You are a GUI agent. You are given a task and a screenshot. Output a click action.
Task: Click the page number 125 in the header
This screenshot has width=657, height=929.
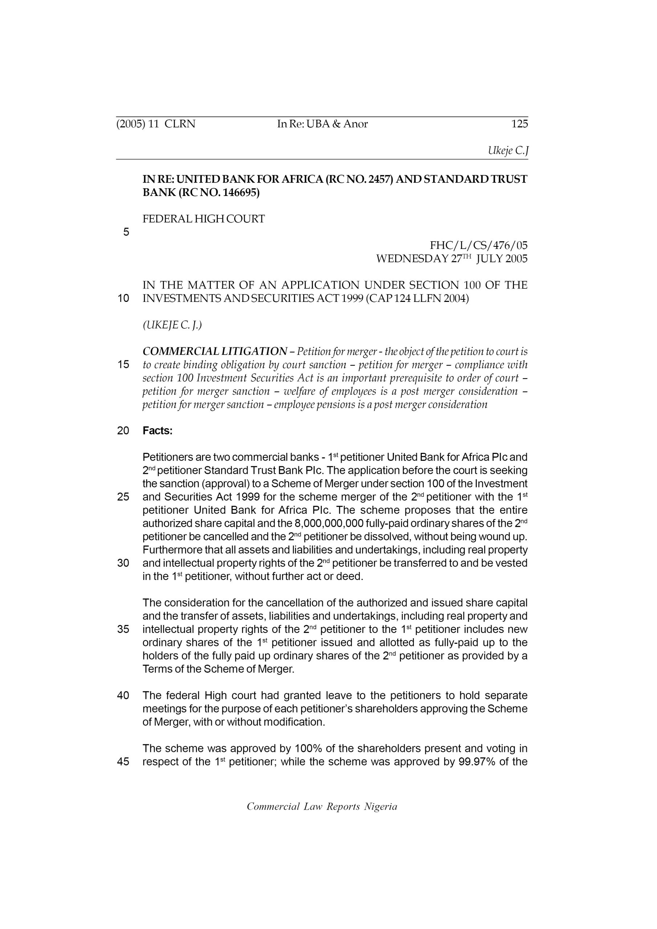pyautogui.click(x=519, y=124)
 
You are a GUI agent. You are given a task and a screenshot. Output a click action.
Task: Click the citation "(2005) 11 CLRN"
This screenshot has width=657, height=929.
pyautogui.click(x=156, y=124)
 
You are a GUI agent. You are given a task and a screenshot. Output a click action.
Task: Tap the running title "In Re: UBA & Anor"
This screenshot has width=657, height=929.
pyautogui.click(x=322, y=124)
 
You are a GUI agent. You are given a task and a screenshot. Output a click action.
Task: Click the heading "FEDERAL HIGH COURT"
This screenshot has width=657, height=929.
pyautogui.click(x=204, y=219)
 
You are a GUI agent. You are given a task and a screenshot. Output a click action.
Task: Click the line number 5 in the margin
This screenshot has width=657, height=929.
pyautogui.click(x=126, y=232)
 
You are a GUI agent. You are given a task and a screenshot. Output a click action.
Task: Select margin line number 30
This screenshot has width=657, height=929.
pyautogui.click(x=123, y=563)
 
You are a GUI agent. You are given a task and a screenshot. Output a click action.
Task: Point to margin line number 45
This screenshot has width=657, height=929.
pyautogui.click(x=123, y=762)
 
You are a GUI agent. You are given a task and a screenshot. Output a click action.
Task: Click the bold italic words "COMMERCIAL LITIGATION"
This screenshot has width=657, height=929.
pyautogui.click(x=215, y=351)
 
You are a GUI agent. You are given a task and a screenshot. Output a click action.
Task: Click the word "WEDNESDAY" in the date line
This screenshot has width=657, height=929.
pyautogui.click(x=412, y=259)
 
